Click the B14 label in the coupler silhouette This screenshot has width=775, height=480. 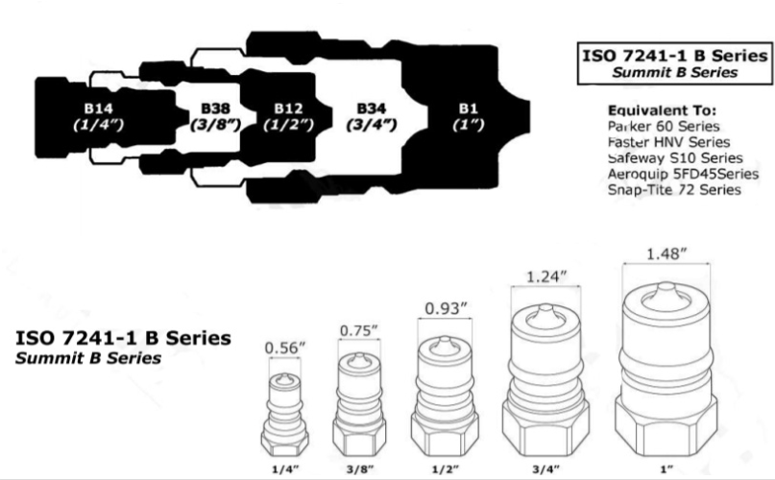[x=98, y=108]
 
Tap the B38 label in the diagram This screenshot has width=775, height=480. [x=215, y=108]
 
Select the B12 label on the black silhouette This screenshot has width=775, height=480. [x=289, y=108]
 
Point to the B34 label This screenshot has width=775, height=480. [x=372, y=108]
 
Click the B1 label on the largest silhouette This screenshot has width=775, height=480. [x=469, y=108]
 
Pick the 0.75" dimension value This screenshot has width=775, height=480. [x=359, y=330]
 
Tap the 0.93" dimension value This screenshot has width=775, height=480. [x=446, y=308]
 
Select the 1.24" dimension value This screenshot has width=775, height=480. [x=545, y=276]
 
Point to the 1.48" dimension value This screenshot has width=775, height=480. [x=666, y=253]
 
